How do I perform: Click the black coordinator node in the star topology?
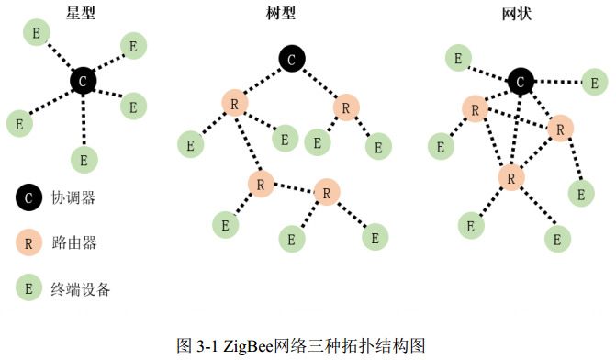tap(84, 82)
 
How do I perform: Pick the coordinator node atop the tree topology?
tap(290, 60)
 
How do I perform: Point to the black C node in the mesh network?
tap(521, 82)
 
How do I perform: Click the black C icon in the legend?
tap(28, 196)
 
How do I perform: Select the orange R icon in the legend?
tap(28, 242)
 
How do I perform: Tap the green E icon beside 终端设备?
tap(28, 288)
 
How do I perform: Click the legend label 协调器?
tap(74, 197)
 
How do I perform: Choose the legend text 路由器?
tap(74, 243)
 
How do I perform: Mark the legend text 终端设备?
tap(81, 289)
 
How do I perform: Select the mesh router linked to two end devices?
tap(511, 175)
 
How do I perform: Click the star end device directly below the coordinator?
tap(84, 159)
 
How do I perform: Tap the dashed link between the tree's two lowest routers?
tap(294, 188)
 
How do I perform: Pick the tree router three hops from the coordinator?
tap(327, 193)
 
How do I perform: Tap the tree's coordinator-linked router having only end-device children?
tap(345, 107)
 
